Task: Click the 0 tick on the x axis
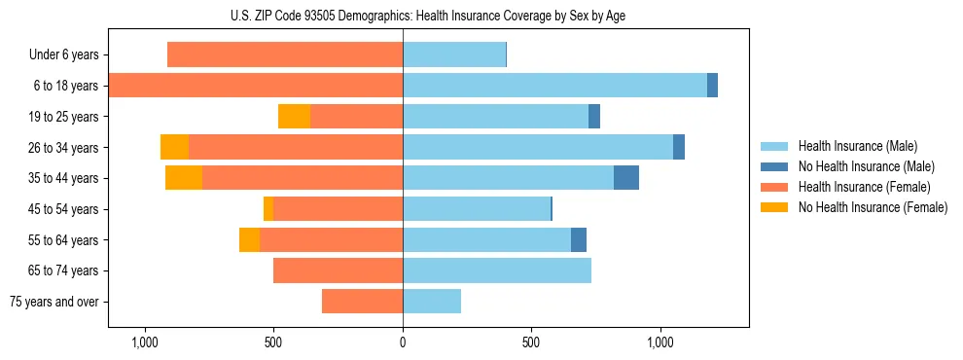point(403,342)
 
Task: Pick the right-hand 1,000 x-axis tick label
point(660,342)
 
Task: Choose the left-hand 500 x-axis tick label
point(273,342)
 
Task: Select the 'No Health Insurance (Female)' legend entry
point(873,207)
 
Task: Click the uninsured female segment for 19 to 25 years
point(294,117)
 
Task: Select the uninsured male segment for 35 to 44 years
point(626,178)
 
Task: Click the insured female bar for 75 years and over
point(362,302)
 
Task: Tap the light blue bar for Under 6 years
point(454,55)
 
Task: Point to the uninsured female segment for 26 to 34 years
point(174,147)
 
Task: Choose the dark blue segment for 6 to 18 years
point(712,86)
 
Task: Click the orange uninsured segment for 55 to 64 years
point(249,239)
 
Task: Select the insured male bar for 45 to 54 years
point(477,209)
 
